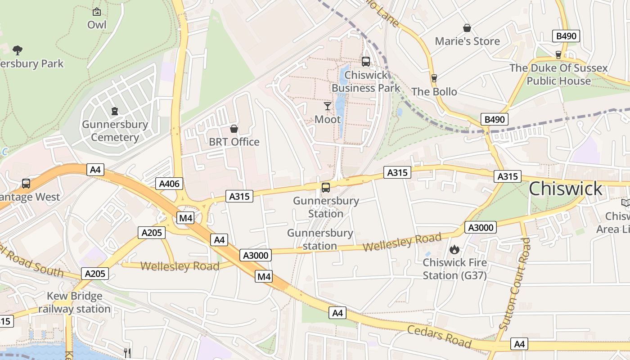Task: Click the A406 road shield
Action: [x=169, y=183]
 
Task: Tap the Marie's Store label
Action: [x=467, y=41]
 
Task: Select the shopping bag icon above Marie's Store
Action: [x=467, y=28]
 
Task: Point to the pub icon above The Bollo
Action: [x=434, y=78]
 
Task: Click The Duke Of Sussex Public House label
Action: [x=558, y=75]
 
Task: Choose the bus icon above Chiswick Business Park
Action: [x=365, y=62]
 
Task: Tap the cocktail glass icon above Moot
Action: [x=328, y=106]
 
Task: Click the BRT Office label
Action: [x=234, y=142]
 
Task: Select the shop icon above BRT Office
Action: [x=234, y=129]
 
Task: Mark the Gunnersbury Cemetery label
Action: [x=115, y=131]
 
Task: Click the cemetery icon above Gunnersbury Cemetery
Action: [x=115, y=111]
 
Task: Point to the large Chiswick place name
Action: [x=565, y=189]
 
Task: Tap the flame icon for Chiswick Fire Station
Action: [x=454, y=249]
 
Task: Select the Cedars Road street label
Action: [x=439, y=336]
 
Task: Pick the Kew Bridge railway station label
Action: [x=74, y=302]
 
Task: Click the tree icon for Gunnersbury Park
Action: [x=18, y=50]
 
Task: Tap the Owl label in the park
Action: [x=97, y=24]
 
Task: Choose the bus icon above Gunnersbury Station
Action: [x=326, y=188]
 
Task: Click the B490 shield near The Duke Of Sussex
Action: [x=566, y=36]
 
